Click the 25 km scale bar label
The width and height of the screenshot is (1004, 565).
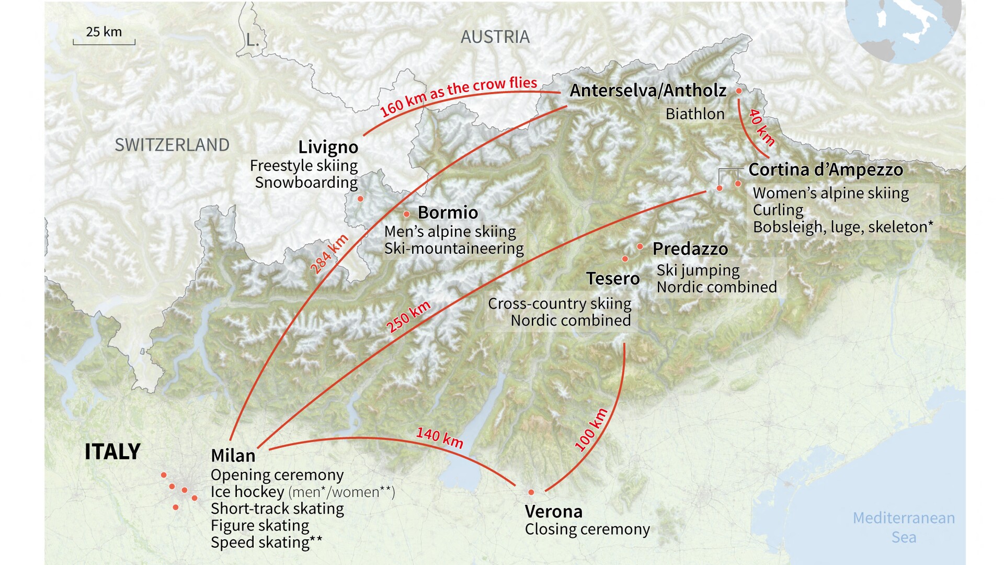(x=104, y=32)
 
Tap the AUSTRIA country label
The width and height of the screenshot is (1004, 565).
(x=495, y=37)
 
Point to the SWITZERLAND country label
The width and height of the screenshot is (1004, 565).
(x=172, y=145)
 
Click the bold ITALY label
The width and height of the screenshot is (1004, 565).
(x=112, y=451)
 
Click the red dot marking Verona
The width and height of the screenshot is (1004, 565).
(x=531, y=492)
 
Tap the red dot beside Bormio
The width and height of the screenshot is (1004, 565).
(x=406, y=214)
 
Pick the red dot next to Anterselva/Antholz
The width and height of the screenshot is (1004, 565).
(x=739, y=91)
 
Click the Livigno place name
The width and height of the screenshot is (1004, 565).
(x=328, y=147)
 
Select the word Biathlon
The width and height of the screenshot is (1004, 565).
(x=694, y=114)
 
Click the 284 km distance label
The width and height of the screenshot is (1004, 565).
(x=329, y=254)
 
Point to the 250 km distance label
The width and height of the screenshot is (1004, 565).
(x=408, y=317)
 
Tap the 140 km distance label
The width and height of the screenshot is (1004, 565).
(x=439, y=437)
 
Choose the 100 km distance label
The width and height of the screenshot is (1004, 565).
(x=591, y=430)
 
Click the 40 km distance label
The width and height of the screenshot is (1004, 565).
(x=761, y=127)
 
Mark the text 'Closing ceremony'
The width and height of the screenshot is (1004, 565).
(x=587, y=529)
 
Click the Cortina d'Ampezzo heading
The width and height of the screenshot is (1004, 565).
(x=825, y=169)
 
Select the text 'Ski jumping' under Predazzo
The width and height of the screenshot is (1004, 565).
(x=698, y=270)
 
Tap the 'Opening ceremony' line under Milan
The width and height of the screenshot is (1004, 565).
(x=277, y=475)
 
